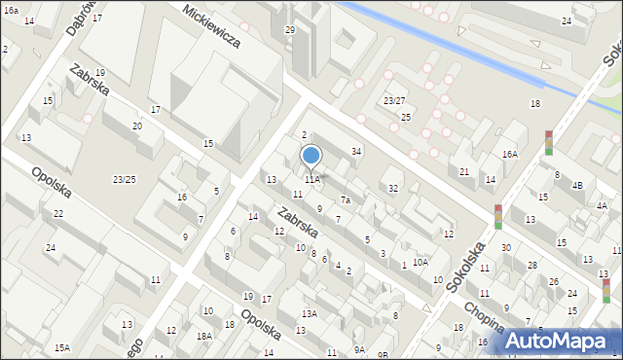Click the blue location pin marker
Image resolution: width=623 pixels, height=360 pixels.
click(x=311, y=156)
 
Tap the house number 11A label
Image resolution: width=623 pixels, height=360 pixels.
click(x=311, y=179)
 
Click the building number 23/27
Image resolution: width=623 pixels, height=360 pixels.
click(x=394, y=100)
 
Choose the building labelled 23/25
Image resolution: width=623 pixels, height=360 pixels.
click(x=124, y=179)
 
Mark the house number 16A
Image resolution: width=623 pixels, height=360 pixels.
click(x=510, y=154)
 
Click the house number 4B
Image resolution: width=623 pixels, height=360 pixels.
click(x=576, y=185)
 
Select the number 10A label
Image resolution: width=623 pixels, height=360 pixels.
click(x=420, y=262)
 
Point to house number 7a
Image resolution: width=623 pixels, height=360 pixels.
click(x=345, y=200)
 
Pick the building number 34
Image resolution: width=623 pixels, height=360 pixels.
click(x=357, y=151)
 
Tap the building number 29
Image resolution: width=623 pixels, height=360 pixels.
click(x=289, y=30)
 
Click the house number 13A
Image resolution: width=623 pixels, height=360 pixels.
click(x=310, y=313)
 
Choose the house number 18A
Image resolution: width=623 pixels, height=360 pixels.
click(x=203, y=336)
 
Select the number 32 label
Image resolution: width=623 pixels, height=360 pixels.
click(x=393, y=188)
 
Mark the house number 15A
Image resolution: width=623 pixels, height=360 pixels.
click(x=62, y=347)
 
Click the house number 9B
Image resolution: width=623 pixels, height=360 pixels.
click(x=384, y=354)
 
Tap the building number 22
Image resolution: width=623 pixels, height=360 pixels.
click(x=58, y=213)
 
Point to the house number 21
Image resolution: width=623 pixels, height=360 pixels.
click(x=464, y=172)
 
